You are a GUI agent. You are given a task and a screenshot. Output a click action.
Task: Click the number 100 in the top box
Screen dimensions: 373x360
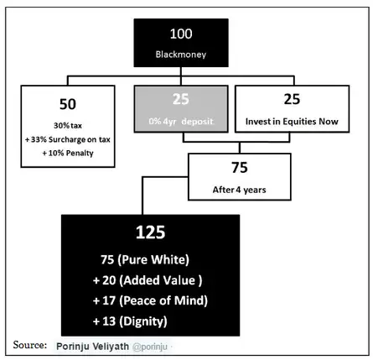point(181,34)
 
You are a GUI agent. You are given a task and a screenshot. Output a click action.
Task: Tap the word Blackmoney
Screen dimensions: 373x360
point(181,55)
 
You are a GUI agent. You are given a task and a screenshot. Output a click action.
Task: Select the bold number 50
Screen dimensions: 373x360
point(68,104)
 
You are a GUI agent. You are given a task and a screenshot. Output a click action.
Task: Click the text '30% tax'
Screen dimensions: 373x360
point(68,126)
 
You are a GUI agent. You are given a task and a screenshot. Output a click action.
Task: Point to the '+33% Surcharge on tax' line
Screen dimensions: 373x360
point(68,139)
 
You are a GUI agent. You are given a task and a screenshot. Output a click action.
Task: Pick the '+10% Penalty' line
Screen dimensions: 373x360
point(68,153)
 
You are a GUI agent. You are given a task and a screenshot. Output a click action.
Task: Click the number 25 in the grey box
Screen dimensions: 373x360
point(181,99)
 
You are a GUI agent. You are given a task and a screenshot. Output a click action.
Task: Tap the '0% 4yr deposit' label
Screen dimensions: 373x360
point(181,122)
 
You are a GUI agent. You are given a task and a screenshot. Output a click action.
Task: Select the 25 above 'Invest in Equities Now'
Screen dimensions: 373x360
point(292,99)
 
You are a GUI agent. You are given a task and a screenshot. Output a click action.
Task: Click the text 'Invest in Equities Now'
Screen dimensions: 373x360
point(292,122)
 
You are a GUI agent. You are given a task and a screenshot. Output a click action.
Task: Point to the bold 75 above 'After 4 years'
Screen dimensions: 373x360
point(240,168)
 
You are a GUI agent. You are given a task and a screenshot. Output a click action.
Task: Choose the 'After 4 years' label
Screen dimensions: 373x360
point(240,190)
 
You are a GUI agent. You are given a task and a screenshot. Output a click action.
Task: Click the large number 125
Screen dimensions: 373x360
point(151,232)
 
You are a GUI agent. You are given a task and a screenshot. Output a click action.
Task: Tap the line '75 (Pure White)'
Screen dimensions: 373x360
point(145,259)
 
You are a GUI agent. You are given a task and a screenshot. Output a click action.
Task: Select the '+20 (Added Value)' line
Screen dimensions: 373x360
point(148,280)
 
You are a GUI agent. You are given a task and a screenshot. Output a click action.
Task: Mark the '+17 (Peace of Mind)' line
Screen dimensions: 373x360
point(150,300)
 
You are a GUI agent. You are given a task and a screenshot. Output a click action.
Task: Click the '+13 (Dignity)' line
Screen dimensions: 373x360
point(130,321)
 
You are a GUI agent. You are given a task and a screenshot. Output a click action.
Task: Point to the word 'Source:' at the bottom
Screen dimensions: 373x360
point(30,345)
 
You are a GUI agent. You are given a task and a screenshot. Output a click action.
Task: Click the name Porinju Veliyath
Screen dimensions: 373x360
point(92,347)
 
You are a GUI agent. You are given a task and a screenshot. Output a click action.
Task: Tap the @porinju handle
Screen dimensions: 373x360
point(150,347)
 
